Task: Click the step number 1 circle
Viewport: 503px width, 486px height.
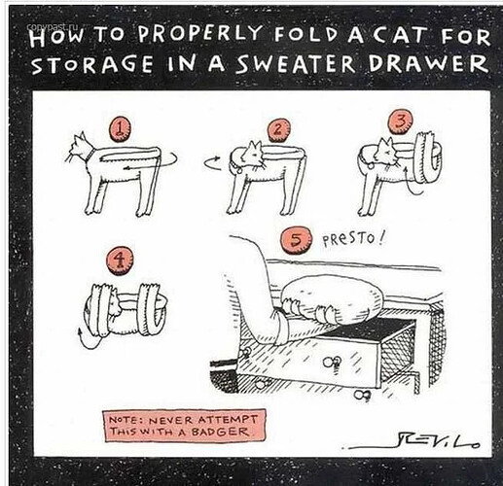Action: [x=121, y=129]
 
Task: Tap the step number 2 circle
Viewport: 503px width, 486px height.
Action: [x=278, y=129]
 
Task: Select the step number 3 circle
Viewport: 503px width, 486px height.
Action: [x=401, y=121]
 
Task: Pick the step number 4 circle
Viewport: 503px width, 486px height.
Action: [x=120, y=260]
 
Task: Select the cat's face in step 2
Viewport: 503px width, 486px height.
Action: [x=255, y=153]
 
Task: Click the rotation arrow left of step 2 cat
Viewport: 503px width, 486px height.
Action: [x=212, y=162]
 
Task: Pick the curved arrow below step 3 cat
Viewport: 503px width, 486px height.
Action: [x=412, y=185]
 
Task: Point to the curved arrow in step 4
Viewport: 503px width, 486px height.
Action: [x=88, y=342]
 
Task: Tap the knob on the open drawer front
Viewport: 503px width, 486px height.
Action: [x=333, y=362]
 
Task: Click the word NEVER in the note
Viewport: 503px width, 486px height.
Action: [x=171, y=421]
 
